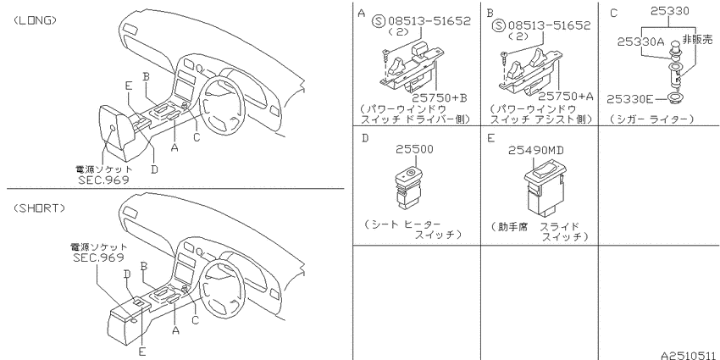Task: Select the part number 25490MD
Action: [536, 150]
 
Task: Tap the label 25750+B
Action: [439, 97]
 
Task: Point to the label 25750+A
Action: [566, 96]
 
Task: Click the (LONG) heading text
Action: [36, 20]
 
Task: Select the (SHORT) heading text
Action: [39, 208]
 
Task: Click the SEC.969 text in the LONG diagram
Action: [104, 179]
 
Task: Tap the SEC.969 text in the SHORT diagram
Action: [99, 258]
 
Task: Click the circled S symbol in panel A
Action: [379, 21]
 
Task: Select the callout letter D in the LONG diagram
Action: [155, 169]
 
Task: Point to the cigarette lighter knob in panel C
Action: [674, 47]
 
